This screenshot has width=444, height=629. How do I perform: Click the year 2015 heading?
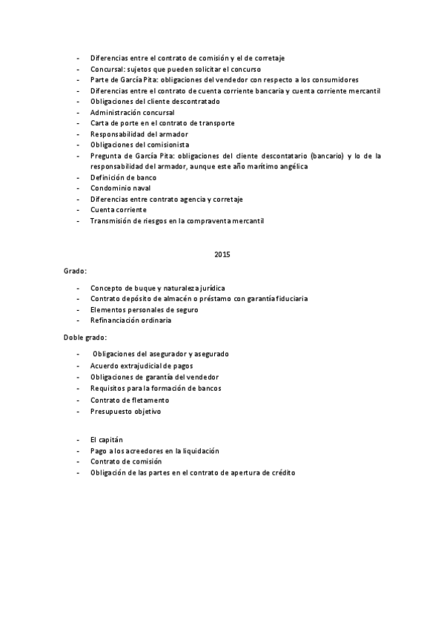click(222, 254)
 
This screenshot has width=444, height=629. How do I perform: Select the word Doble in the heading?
click(73, 337)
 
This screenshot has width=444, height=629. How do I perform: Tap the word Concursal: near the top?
click(108, 69)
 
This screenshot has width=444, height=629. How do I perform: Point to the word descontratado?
click(195, 101)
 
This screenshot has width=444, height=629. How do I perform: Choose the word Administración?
click(116, 112)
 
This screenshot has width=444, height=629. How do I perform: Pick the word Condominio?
click(111, 188)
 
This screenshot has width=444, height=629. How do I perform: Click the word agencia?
click(192, 200)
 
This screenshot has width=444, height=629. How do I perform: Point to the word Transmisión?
click(113, 221)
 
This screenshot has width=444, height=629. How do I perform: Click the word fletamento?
click(142, 400)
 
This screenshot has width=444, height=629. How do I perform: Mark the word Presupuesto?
click(113, 411)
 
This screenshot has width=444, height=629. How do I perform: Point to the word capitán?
click(110, 440)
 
